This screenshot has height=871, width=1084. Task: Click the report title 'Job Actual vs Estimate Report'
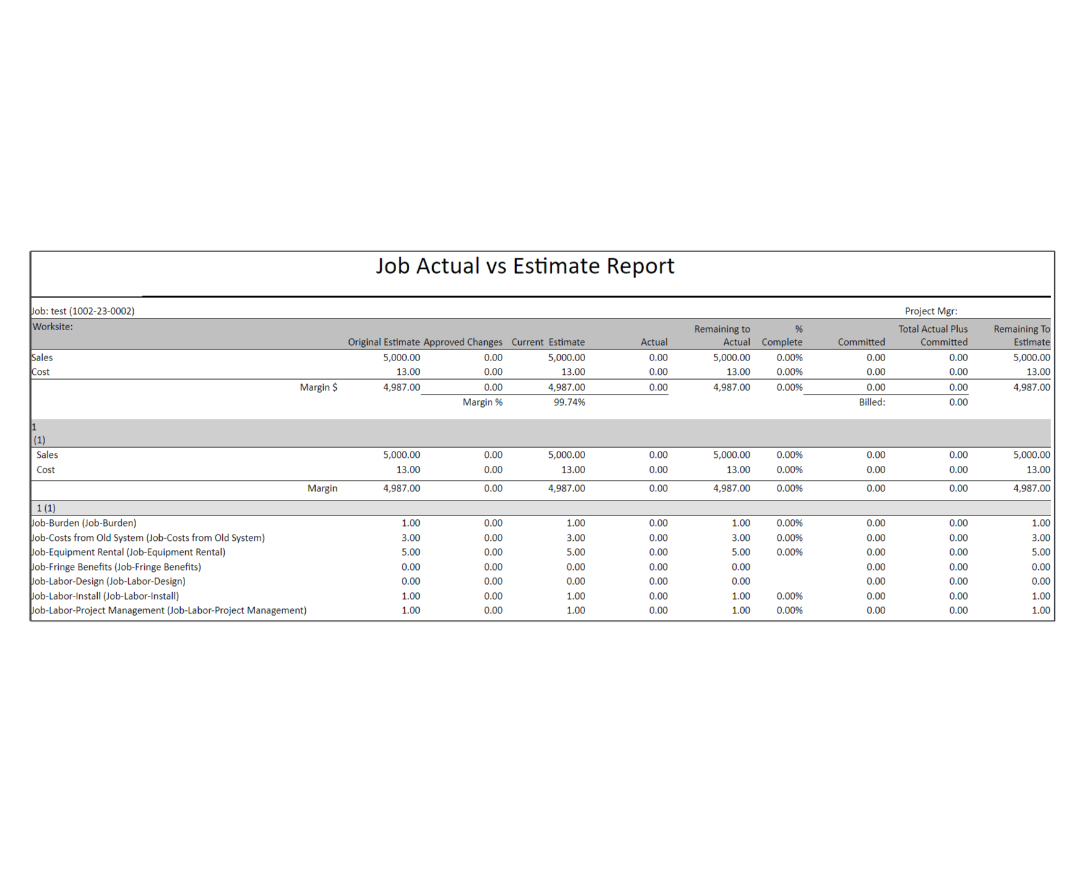pos(524,266)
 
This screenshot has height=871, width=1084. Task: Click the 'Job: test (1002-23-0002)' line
pos(83,311)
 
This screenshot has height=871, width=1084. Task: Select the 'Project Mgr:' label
pos(930,311)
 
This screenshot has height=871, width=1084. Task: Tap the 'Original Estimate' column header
pos(383,342)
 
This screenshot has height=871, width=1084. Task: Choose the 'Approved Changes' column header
pos(462,342)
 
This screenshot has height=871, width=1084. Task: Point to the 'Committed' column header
pos(861,342)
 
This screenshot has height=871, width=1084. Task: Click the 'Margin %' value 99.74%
pos(569,402)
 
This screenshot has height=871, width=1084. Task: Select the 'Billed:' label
pos(872,402)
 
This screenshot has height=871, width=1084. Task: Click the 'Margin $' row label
pos(318,387)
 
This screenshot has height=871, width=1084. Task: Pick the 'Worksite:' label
pos(53,326)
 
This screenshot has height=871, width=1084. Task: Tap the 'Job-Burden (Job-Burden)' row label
pos(84,523)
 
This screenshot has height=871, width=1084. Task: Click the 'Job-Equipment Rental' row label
pos(129,552)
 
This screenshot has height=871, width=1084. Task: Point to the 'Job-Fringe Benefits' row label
pos(116,567)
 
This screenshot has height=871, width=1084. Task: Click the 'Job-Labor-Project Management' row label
pos(169,610)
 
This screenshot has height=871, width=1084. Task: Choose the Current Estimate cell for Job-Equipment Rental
pos(575,552)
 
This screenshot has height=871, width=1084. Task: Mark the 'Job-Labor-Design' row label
pos(109,581)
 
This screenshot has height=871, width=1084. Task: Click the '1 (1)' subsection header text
pos(46,508)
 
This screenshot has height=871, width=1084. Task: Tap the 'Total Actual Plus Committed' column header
pos(933,335)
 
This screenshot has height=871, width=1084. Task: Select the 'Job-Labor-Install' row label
pos(105,596)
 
